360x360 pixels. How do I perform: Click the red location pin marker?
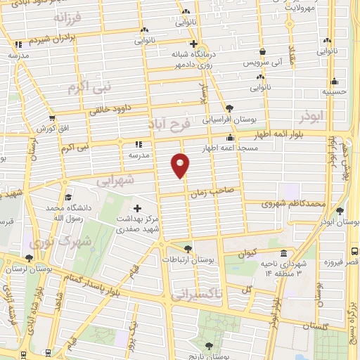click(181, 165)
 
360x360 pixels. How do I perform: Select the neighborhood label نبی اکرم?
click(89, 88)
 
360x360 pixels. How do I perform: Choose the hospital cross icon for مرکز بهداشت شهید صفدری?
click(137, 208)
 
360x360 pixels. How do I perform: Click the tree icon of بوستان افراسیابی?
click(229, 108)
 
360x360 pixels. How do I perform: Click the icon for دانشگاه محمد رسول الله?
click(67, 198)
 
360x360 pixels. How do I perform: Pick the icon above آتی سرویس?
click(262, 51)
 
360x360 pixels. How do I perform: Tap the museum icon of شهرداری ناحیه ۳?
click(283, 254)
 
